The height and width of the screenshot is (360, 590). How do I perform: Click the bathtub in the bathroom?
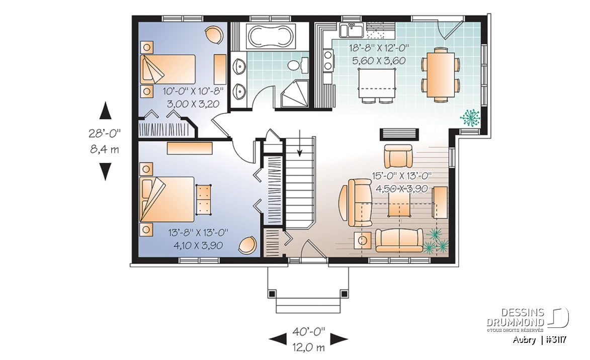click(271, 37)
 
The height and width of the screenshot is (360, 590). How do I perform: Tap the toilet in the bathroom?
click(298, 65)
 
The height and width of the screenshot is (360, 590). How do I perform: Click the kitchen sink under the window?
click(352, 31)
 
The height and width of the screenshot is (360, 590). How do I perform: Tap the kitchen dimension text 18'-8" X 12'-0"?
click(379, 48)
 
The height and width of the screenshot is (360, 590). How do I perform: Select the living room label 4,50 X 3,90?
click(401, 188)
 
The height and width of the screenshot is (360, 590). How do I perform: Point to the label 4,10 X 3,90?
click(198, 245)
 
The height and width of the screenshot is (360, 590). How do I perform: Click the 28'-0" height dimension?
click(105, 133)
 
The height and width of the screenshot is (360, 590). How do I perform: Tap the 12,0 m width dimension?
click(308, 347)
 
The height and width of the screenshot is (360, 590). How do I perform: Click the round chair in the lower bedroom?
click(247, 245)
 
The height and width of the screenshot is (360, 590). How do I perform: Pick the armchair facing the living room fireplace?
click(398, 156)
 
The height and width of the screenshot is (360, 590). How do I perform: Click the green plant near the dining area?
click(470, 118)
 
